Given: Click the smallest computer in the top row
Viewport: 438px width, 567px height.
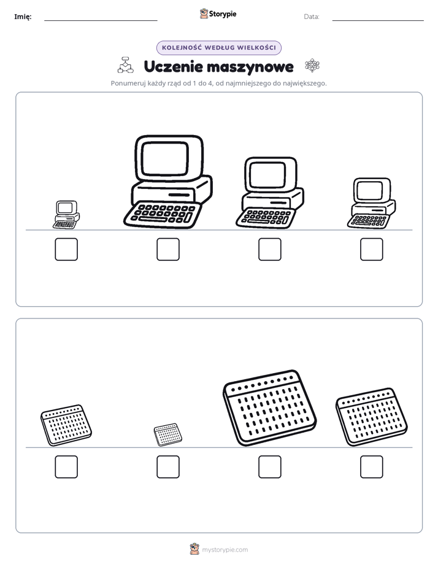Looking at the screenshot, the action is (66, 215).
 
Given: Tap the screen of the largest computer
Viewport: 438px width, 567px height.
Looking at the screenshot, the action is (165, 159).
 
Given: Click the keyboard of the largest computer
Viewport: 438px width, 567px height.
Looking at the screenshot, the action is (163, 214).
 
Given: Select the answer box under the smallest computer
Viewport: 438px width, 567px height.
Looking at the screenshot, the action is (66, 249).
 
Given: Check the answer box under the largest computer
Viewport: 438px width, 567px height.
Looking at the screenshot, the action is (168, 249).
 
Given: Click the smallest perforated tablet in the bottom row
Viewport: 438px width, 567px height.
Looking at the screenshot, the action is (167, 434).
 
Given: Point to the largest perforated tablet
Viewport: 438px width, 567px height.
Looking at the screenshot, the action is (269, 407).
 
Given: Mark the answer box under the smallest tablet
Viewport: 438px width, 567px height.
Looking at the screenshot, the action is (168, 467).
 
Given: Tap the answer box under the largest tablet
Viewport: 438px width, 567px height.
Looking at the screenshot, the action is (270, 467).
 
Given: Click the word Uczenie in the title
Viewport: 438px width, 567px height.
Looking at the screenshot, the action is (173, 66).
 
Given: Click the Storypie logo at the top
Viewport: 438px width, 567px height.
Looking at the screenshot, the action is (218, 13).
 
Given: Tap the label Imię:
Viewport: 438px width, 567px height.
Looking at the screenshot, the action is (23, 17).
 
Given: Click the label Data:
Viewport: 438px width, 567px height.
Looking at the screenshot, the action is (312, 17).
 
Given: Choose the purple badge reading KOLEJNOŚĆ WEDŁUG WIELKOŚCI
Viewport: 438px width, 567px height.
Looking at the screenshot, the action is (218, 48).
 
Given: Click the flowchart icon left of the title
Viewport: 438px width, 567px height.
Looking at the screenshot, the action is (125, 65).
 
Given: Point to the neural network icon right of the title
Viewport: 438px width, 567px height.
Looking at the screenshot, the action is (312, 66).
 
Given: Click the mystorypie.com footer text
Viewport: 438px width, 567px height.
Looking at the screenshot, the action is (225, 550).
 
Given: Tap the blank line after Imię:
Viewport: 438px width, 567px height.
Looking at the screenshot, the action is (101, 21).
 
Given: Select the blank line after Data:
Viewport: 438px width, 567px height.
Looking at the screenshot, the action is (378, 21).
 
